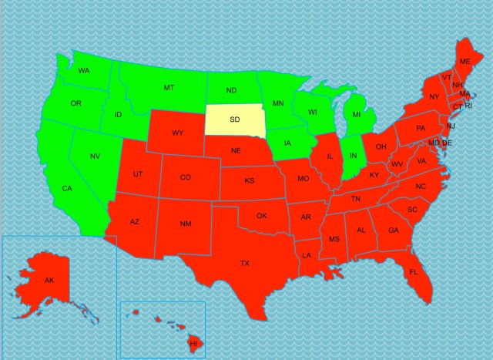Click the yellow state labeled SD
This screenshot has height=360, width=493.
[x=235, y=119]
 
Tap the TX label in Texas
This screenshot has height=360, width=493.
[x=244, y=264]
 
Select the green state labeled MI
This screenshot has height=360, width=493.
[x=356, y=115]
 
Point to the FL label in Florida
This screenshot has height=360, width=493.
[x=413, y=272]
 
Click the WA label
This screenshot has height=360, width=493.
[x=85, y=71]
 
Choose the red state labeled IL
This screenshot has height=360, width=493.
[x=330, y=156]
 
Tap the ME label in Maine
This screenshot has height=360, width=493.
[x=464, y=61]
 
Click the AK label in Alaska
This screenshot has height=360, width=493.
[x=49, y=280]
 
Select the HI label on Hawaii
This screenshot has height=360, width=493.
[x=193, y=341]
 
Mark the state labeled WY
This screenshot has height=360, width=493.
[x=178, y=133]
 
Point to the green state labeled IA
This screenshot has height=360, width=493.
[x=287, y=143]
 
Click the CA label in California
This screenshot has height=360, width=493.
[x=67, y=189]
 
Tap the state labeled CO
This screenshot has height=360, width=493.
[x=185, y=177]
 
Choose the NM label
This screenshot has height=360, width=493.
[x=186, y=224]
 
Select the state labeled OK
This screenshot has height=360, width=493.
[x=261, y=216]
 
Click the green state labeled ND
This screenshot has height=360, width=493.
[x=231, y=89]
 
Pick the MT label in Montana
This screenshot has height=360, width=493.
[x=169, y=88]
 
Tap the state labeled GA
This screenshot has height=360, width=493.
[x=394, y=230]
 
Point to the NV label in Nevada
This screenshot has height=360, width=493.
[x=95, y=156]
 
